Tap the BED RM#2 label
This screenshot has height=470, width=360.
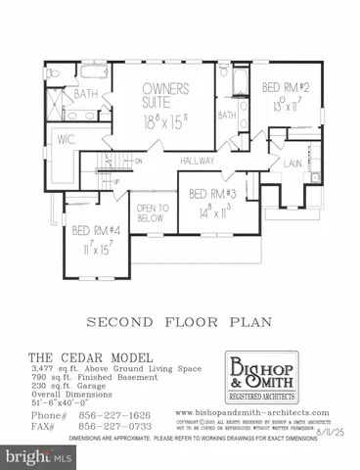point(286,87)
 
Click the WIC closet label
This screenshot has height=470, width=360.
point(67,139)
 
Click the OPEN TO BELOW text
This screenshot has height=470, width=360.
point(153,214)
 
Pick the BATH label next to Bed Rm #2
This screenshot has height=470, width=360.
point(227,116)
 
